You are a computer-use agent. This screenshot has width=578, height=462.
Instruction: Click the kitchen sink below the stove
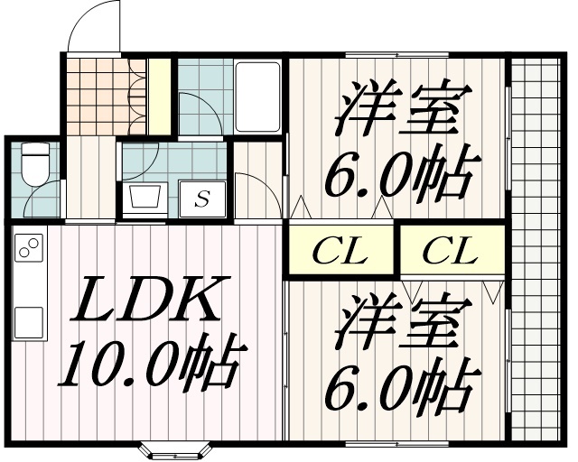click(28, 321)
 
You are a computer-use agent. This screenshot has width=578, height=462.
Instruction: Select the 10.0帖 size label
click(148, 362)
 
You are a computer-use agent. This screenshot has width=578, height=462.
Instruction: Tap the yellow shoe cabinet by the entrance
click(160, 95)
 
